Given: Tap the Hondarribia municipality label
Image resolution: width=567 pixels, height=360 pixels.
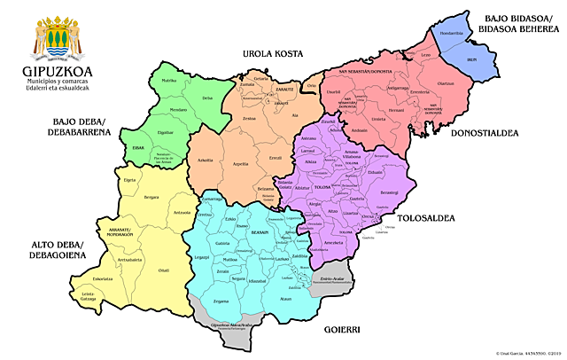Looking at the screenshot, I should (x=452, y=34).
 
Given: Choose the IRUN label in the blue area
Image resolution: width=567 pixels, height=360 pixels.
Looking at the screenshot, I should (x=472, y=59).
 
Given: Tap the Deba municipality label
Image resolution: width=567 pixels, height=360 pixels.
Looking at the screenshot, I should (x=208, y=98).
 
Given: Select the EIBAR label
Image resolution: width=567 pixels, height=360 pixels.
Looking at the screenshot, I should (x=138, y=148).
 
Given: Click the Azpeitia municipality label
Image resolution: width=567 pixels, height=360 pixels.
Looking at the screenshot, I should (x=240, y=165).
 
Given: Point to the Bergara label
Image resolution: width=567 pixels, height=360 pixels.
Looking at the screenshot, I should (x=152, y=196).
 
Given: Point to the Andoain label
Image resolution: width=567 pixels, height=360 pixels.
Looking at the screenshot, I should (x=360, y=129).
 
